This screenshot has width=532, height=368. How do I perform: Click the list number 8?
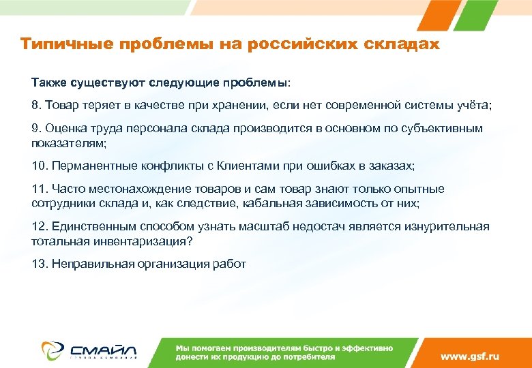click(35, 106)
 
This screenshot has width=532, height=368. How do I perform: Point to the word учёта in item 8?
click(472, 106)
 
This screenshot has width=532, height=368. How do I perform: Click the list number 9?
click(35, 128)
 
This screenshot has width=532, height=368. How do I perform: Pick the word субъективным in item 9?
click(445, 128)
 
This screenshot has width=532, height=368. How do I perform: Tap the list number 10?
click(39, 166)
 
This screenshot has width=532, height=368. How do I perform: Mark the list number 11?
click(39, 188)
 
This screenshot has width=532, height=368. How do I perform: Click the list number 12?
click(39, 226)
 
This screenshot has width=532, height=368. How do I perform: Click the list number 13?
click(39, 264)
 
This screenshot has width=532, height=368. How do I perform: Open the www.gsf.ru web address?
click(470, 356)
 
